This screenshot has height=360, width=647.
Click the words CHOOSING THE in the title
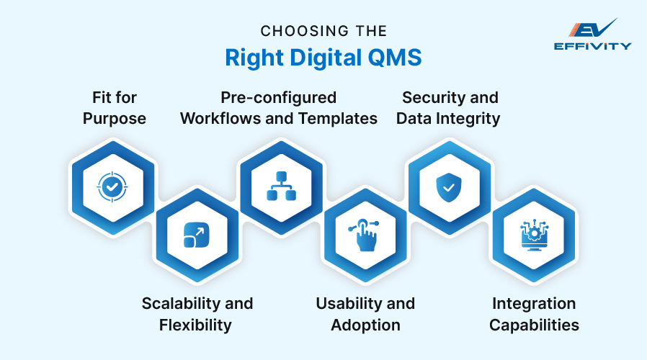coord(323,31)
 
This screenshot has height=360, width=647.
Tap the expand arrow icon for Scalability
coord(195,235)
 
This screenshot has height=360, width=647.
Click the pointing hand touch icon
coord(364,235)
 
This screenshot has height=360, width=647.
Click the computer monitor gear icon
coord(534,235)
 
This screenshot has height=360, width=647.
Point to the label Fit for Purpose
coord(114,107)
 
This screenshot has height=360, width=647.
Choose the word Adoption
coord(365,325)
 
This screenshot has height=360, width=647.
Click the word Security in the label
coord(430,97)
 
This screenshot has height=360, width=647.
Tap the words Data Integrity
coord(448,118)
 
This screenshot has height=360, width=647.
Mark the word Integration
coord(534,303)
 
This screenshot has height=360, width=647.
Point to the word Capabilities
coord(534,325)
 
